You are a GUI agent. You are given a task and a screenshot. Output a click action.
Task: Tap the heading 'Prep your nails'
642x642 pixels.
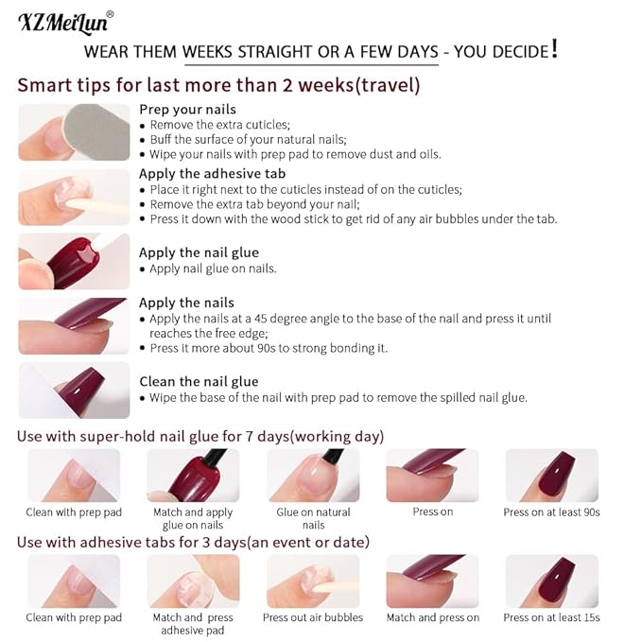pyautogui.click(x=187, y=110)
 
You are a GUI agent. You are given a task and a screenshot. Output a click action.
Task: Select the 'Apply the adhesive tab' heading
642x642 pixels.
pyautogui.click(x=212, y=174)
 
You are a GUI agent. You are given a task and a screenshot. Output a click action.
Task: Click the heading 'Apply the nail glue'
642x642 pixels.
pyautogui.click(x=199, y=252)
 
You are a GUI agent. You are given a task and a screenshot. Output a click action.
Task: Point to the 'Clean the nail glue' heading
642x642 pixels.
pyautogui.click(x=199, y=382)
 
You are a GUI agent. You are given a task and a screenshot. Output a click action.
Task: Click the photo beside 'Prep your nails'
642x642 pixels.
pyautogui.click(x=74, y=132)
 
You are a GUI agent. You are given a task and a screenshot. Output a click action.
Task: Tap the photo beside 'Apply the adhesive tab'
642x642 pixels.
pyautogui.click(x=74, y=197)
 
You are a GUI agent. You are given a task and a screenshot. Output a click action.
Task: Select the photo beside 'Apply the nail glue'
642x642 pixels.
pyautogui.click(x=74, y=261)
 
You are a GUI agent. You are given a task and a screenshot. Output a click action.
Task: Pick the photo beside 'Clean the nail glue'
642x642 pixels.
pyautogui.click(x=74, y=390)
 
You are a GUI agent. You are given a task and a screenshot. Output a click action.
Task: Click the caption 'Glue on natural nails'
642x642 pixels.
pyautogui.click(x=313, y=518)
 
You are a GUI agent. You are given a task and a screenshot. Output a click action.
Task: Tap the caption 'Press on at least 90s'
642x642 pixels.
pyautogui.click(x=551, y=512)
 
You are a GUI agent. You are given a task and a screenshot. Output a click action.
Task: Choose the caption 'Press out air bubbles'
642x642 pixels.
pyautogui.click(x=313, y=617)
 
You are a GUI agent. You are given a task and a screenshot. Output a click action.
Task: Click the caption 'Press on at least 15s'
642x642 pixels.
pyautogui.click(x=551, y=617)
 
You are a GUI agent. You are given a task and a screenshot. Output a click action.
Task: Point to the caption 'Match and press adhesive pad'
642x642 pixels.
pyautogui.click(x=193, y=623)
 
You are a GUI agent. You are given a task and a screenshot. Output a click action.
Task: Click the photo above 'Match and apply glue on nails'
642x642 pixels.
pyautogui.click(x=193, y=475)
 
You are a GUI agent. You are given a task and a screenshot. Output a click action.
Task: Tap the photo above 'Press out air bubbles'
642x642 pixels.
pyautogui.click(x=313, y=580)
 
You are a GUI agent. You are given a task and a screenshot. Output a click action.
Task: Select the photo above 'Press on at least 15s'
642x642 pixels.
pyautogui.click(x=551, y=580)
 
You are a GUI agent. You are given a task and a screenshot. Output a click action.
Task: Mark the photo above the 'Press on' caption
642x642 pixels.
pyautogui.click(x=432, y=475)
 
